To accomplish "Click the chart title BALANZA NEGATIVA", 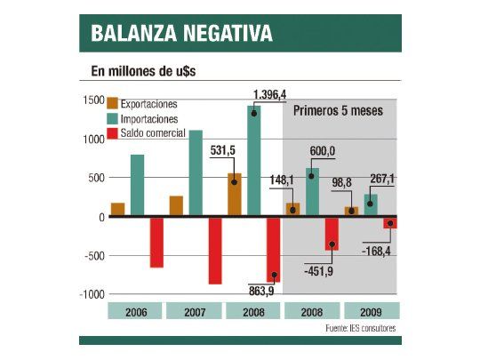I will point(181,35).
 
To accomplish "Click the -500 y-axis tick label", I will point(92,256).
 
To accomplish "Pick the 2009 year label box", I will point(370,311).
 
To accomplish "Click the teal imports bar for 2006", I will point(137,185).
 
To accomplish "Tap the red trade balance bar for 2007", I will point(215,251).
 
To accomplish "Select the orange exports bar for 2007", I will point(176,206).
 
